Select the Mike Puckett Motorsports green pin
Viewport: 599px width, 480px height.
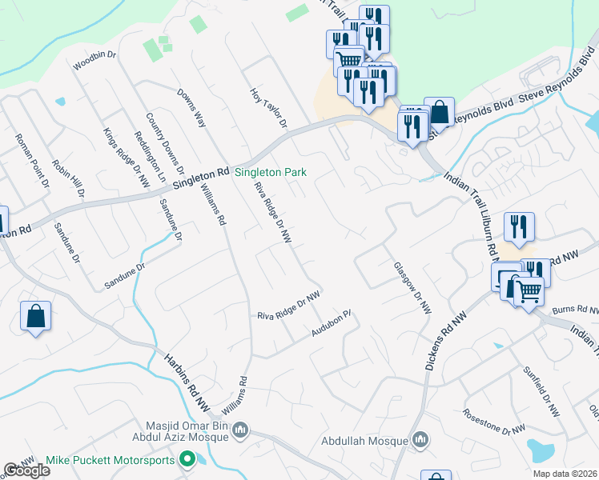(x=187, y=459)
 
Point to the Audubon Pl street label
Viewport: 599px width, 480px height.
(x=332, y=323)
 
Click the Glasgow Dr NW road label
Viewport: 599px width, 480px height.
(x=412, y=288)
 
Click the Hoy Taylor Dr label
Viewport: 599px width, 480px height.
(x=268, y=108)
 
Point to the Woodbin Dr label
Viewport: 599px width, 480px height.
(x=94, y=62)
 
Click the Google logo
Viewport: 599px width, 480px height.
(x=26, y=470)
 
